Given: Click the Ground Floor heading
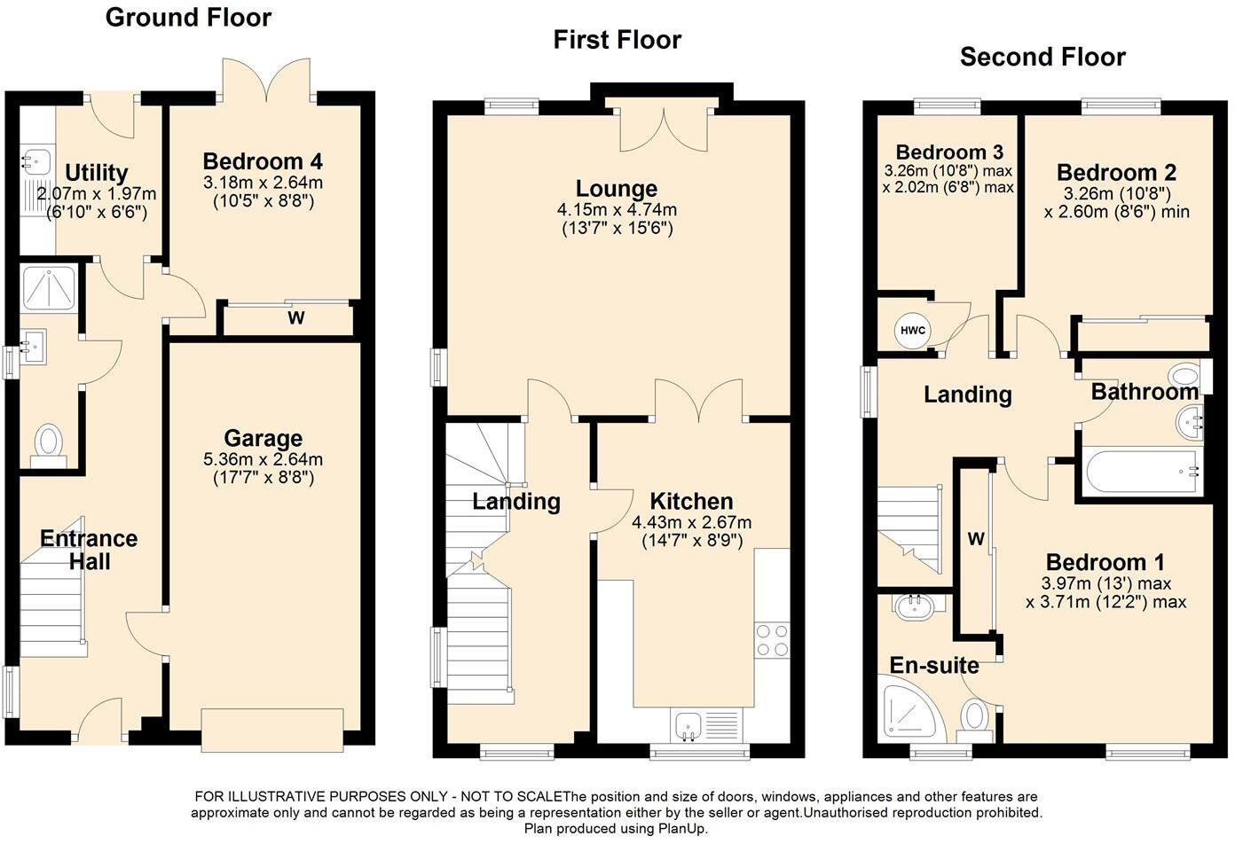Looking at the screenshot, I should (x=188, y=17).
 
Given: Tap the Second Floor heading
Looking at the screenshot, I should (x=1042, y=57).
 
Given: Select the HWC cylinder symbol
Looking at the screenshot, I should (x=913, y=331).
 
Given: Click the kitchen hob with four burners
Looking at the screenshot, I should (x=771, y=640).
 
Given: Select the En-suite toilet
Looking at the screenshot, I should (x=975, y=719).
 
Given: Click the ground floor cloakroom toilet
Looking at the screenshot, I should (x=49, y=444).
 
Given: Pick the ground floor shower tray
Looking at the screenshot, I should (x=49, y=285).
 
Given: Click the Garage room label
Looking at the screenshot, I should (x=263, y=438).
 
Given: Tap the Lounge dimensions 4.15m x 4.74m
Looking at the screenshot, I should (x=617, y=210).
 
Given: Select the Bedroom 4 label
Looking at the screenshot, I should (x=263, y=161).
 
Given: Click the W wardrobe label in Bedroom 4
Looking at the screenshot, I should (x=295, y=318).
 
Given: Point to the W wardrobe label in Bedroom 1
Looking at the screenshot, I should (x=976, y=539).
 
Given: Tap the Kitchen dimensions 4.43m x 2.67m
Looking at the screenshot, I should (x=691, y=523).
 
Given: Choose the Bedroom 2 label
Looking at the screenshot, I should (x=1117, y=172).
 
